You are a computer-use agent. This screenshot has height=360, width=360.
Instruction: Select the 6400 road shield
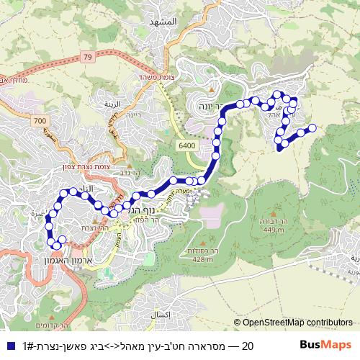click(187, 146)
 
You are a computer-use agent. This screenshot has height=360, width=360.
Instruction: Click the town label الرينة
click(112, 104)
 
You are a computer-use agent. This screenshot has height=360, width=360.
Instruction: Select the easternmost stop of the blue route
click(312, 128)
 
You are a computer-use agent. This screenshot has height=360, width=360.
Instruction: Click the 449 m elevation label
click(274, 230)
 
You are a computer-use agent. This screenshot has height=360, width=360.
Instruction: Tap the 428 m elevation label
click(204, 259)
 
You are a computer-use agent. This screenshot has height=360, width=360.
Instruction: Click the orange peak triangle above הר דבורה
click(274, 213)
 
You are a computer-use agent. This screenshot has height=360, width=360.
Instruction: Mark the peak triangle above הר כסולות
click(204, 241)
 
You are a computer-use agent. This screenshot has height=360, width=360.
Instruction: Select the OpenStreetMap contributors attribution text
click(293, 323)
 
